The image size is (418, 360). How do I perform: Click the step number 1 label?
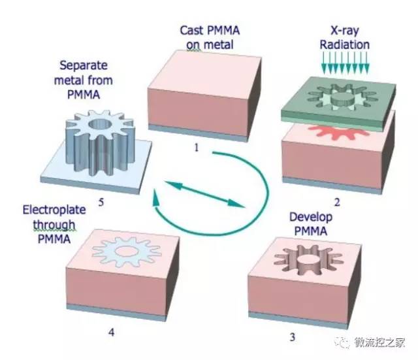coord(195,147)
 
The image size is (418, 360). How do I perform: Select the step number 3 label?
coord(292,337)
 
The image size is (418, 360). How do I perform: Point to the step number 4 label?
coord(112,333)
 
